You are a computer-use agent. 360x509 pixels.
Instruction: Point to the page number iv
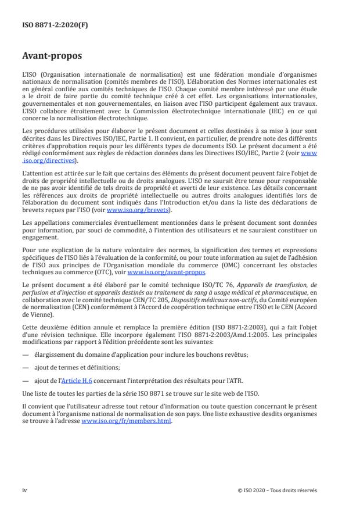24,490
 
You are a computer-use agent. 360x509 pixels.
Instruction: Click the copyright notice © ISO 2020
278,490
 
